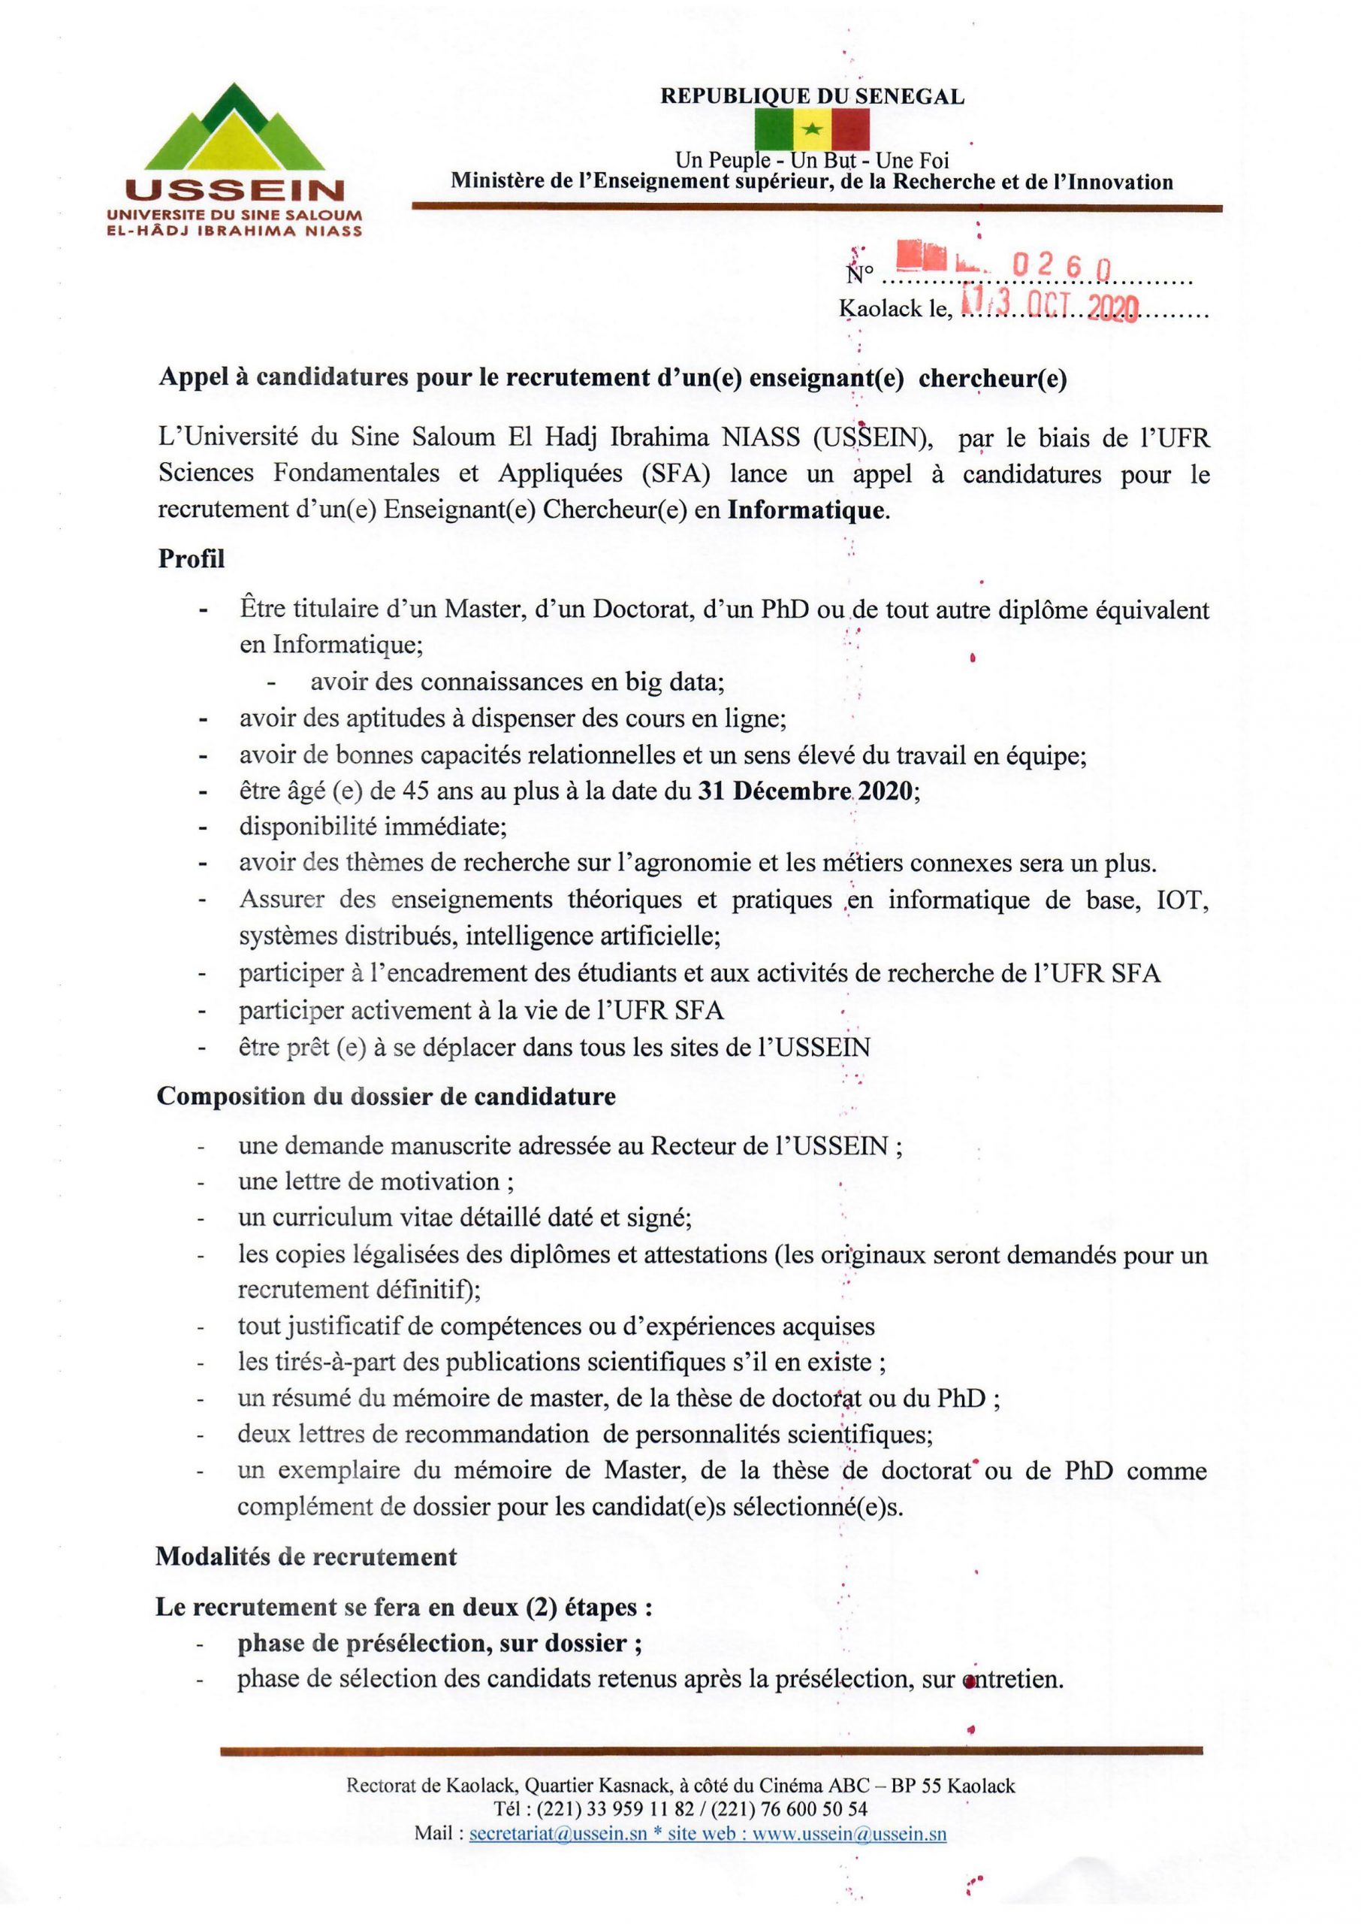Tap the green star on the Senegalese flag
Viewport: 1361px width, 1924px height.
(811, 130)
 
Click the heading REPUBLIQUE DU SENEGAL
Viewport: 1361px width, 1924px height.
(812, 97)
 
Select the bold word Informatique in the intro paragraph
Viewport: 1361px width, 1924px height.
(806, 510)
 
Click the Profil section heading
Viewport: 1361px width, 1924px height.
(191, 559)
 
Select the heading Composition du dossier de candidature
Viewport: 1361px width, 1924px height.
(385, 1097)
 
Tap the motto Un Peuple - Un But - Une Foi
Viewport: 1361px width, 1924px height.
(812, 159)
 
